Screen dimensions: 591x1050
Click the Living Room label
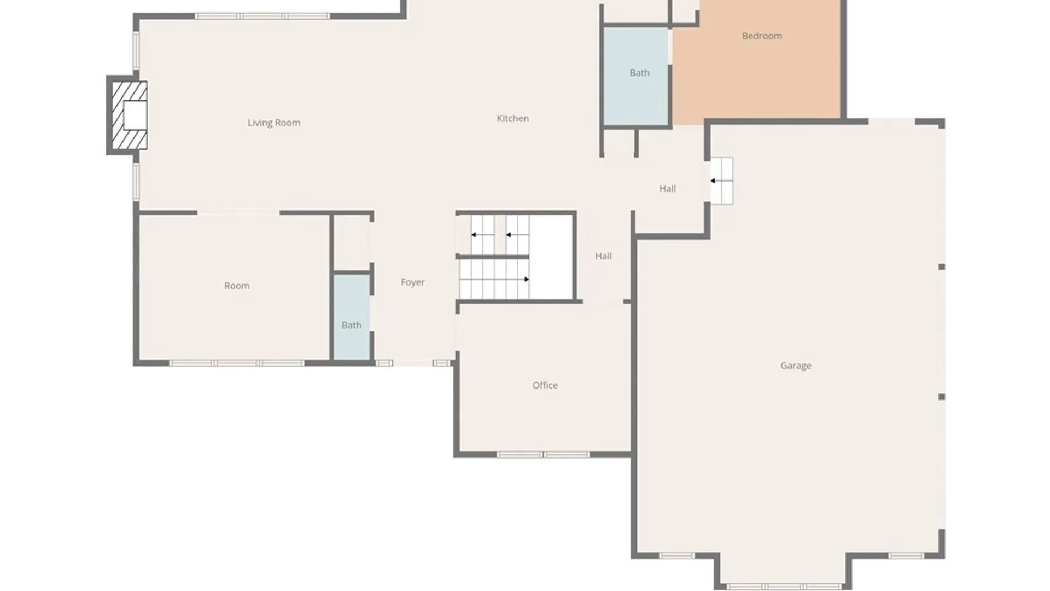tap(274, 123)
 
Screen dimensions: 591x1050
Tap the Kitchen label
tap(512, 118)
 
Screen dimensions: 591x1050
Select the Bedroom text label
tap(762, 36)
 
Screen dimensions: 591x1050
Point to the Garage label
tap(796, 366)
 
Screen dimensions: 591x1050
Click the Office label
tap(545, 385)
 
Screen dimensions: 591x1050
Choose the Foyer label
tap(412, 282)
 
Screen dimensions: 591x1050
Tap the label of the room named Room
tap(237, 286)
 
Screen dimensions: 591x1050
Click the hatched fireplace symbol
tap(130, 115)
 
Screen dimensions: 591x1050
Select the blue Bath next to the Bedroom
tap(635, 77)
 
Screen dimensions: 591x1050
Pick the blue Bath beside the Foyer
tap(352, 317)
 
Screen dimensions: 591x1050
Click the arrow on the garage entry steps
tap(713, 181)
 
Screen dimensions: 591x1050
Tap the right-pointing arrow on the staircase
tap(526, 280)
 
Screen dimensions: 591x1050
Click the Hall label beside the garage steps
tap(667, 189)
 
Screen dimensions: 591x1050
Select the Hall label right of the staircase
tap(603, 256)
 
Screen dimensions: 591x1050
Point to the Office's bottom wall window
tap(543, 455)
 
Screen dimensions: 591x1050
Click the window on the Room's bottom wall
tap(236, 363)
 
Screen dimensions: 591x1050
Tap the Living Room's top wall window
tap(262, 16)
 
